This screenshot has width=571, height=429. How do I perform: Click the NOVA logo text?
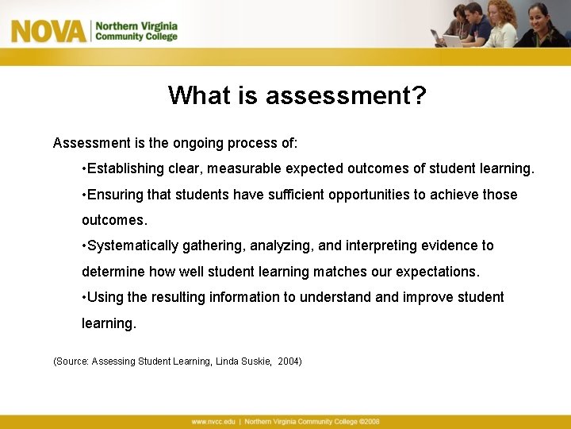click(48, 31)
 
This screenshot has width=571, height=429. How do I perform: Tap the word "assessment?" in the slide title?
click(346, 96)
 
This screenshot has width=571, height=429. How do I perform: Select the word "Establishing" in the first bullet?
click(125, 168)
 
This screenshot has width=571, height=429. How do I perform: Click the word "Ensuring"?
click(113, 195)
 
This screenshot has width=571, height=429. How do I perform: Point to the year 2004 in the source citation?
click(289, 361)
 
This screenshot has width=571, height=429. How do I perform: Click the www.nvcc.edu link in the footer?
click(213, 422)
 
